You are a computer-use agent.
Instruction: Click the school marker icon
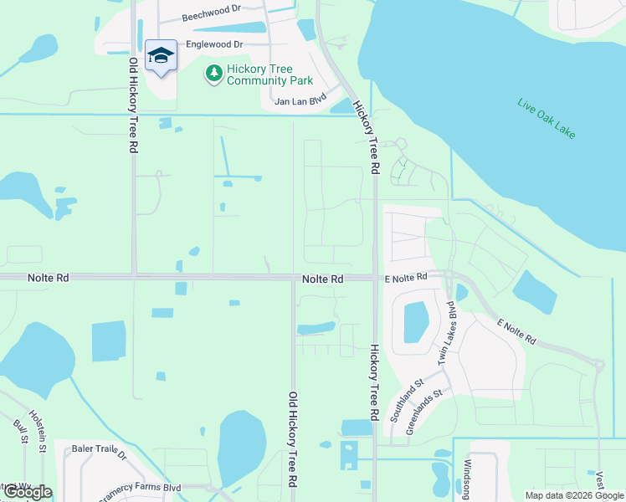point(161,56)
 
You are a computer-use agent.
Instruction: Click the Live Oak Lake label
point(548,119)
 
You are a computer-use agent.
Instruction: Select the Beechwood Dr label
point(210,17)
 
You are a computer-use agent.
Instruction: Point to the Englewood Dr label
point(214,44)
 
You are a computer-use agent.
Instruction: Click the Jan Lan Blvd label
point(300,102)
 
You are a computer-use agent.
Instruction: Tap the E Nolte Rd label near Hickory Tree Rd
point(406,276)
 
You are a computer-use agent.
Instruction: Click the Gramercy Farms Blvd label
point(141,489)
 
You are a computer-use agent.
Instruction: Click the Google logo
point(27,492)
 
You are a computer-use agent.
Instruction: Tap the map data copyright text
point(574,495)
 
